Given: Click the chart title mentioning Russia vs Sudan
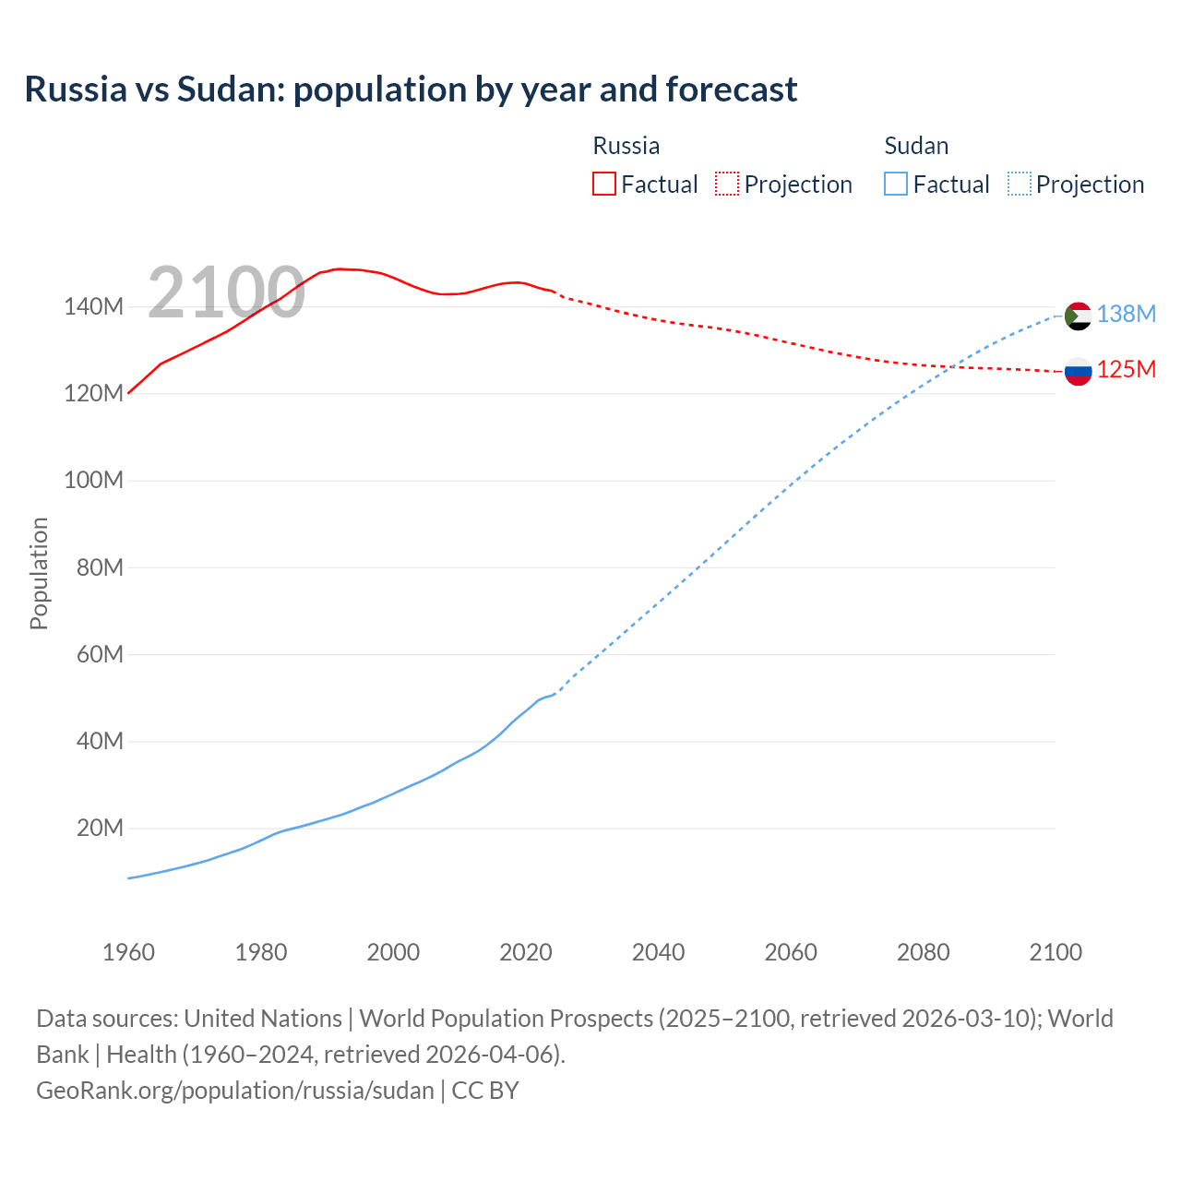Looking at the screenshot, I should tap(411, 89).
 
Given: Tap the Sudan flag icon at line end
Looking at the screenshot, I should tap(1078, 316).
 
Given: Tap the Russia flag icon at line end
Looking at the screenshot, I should tap(1078, 371).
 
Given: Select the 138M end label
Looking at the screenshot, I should tap(1126, 315).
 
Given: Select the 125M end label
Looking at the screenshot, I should tap(1126, 370).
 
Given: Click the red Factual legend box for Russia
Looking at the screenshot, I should tap(603, 184).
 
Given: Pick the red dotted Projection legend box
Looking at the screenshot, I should tap(727, 184).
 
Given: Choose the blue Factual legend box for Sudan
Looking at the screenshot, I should tap(895, 184).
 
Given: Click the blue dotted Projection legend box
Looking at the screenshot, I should tap(1019, 184).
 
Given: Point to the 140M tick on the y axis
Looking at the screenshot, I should tap(93, 307).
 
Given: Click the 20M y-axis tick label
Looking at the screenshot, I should tap(100, 829).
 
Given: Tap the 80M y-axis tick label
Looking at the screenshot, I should tap(100, 567).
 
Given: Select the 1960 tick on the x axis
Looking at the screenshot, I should tap(128, 952).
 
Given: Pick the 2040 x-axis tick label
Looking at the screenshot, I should tap(658, 952).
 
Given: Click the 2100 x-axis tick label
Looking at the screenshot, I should tap(1056, 952).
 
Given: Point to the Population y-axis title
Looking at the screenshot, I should tap(39, 573).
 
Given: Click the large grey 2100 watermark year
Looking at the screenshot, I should tap(226, 292).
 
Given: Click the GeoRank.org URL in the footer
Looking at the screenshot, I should tap(235, 1091).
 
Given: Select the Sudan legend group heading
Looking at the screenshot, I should tap(916, 146).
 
